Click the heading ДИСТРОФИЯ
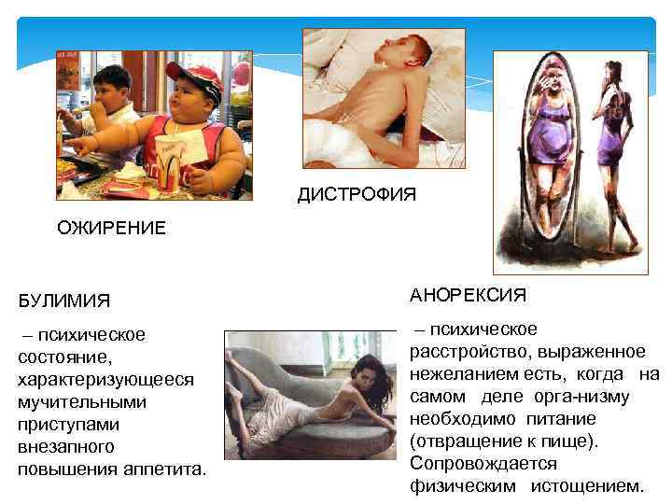[x=357, y=194]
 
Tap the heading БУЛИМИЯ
[x=63, y=301]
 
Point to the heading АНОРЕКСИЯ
[x=468, y=295]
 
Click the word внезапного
[x=65, y=446]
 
